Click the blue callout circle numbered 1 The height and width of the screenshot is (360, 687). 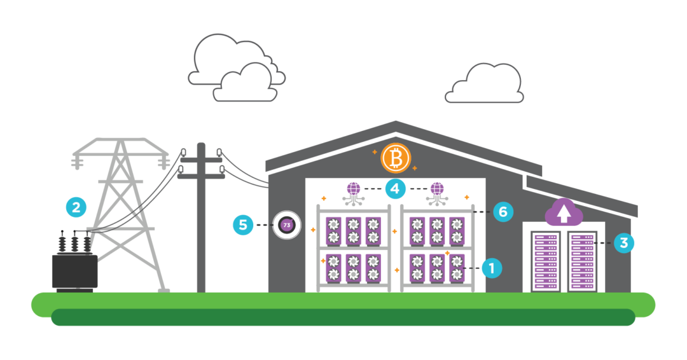coord(491,268)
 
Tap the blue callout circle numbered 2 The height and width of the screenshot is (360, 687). coord(76,207)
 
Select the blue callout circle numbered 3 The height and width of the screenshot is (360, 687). coord(624,243)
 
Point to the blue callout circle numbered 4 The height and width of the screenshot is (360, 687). coord(395,189)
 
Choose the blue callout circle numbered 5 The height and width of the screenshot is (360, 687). coord(243,225)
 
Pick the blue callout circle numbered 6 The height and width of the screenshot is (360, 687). coord(503,212)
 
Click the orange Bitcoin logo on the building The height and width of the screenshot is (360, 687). coord(396,158)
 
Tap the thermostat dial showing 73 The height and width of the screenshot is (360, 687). coord(287,225)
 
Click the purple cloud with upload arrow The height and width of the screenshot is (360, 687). coord(564,212)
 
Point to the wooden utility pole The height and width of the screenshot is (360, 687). coord(201,216)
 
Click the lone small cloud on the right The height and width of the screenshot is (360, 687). coord(485,85)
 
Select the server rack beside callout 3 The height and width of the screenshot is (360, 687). coord(581,261)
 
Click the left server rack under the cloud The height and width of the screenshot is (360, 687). coord(545,261)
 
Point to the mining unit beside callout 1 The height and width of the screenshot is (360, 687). coord(456,268)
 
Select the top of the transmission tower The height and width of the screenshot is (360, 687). coord(121,141)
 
